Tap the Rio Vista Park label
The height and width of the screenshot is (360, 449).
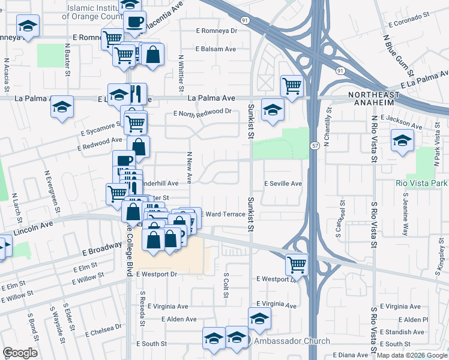421,182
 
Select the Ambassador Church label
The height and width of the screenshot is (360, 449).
291,341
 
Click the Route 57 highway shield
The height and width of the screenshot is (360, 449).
315,146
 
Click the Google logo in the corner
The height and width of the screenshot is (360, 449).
20,352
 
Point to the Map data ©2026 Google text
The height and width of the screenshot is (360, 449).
411,355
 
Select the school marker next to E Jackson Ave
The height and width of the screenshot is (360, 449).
402,141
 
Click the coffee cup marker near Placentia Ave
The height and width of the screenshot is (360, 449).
134,22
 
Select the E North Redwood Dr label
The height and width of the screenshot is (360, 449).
202,112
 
